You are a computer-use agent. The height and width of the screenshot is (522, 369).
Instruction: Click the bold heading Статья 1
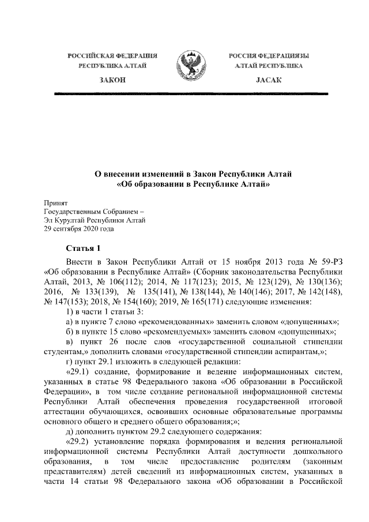(x=84, y=249)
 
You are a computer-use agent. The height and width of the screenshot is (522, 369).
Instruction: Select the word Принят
(x=56, y=203)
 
